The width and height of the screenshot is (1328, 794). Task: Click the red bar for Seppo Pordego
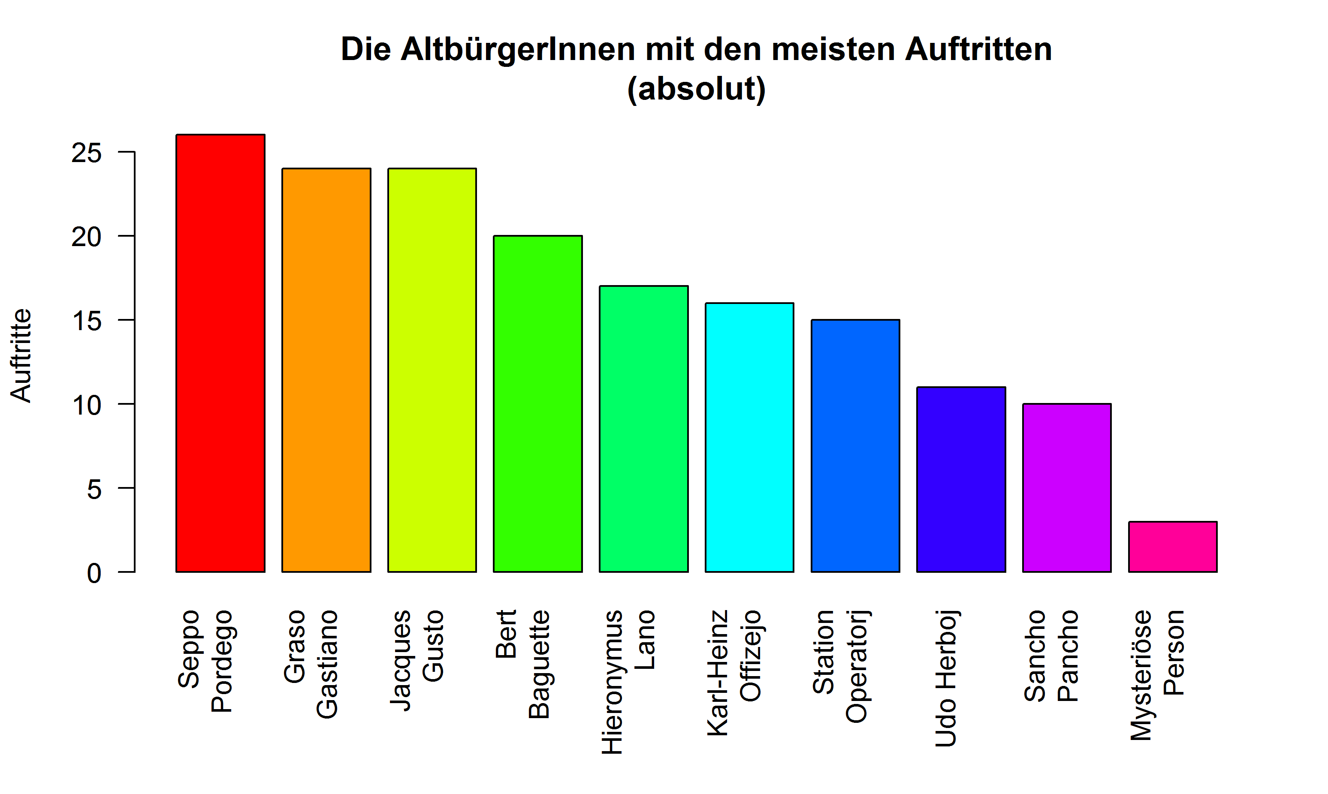pyautogui.click(x=220, y=353)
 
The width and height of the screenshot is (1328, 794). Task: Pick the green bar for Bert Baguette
pyautogui.click(x=537, y=404)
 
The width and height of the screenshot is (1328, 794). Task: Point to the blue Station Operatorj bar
pyautogui.click(x=855, y=446)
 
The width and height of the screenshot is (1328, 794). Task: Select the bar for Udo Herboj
pyautogui.click(x=961, y=479)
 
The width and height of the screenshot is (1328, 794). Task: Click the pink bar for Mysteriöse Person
pyautogui.click(x=1172, y=547)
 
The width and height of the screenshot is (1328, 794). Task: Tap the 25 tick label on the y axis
pyautogui.click(x=86, y=153)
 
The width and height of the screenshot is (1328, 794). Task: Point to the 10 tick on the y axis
pyautogui.click(x=86, y=406)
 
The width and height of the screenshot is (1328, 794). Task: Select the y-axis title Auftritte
pyautogui.click(x=21, y=355)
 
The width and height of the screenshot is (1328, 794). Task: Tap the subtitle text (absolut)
pyautogui.click(x=696, y=89)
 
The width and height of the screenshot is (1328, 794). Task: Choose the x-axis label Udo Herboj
pyautogui.click(x=946, y=678)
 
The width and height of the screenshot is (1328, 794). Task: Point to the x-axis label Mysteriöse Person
pyautogui.click(x=1157, y=675)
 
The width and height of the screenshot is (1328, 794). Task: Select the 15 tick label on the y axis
pyautogui.click(x=86, y=322)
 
